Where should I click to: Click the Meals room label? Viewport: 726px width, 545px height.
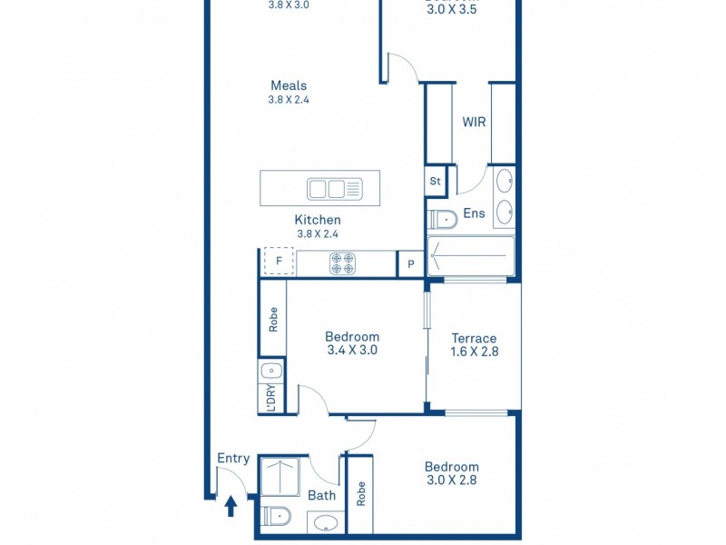click(x=289, y=85)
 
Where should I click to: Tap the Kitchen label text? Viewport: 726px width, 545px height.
click(x=318, y=220)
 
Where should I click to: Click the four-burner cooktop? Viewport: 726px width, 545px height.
click(x=342, y=263)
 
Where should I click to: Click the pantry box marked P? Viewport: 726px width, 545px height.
click(x=410, y=264)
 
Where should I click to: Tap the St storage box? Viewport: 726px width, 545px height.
click(x=435, y=181)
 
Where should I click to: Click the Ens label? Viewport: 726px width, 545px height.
click(x=474, y=214)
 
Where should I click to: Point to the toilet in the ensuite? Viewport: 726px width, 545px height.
click(x=444, y=219)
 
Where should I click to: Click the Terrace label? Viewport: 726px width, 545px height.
click(x=474, y=338)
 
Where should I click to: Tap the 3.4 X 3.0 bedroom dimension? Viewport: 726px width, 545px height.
click(x=351, y=350)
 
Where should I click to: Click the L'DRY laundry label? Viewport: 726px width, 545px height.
click(x=271, y=399)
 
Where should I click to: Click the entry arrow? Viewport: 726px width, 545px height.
click(x=231, y=504)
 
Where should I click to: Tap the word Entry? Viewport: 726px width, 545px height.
click(x=233, y=459)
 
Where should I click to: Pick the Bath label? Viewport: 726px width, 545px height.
click(x=321, y=495)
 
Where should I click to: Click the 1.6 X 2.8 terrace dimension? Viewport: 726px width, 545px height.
click(x=474, y=352)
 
